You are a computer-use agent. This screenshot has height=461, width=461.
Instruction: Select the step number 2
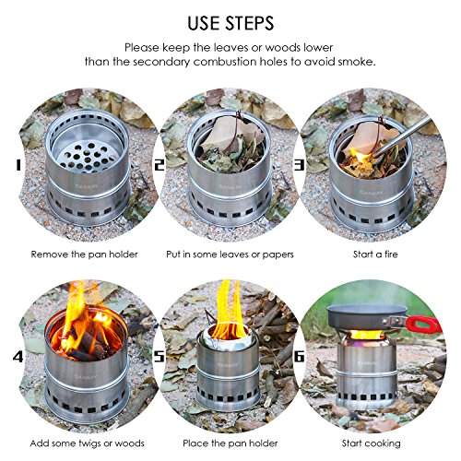tap(160, 166)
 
